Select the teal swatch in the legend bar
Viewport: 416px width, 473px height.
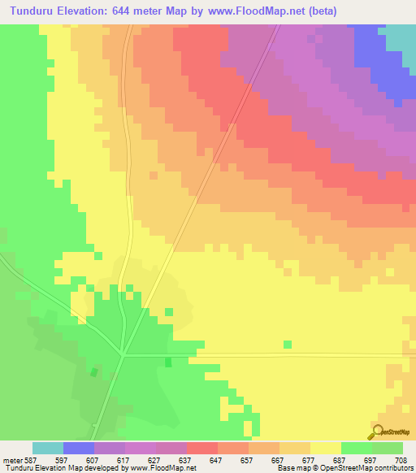(48, 448)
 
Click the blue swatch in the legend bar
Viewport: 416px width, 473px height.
(79, 448)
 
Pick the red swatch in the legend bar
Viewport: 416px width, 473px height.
(202, 448)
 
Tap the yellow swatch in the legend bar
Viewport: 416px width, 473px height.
(326, 448)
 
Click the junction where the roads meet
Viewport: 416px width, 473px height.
(123, 354)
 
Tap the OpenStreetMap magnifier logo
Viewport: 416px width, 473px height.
(376, 432)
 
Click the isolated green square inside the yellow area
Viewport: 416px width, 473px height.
(288, 345)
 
